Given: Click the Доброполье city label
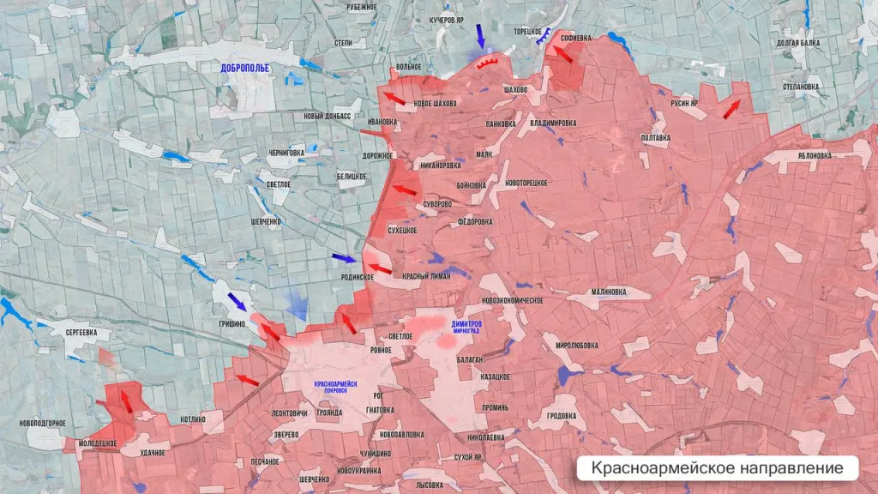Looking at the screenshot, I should [x=245, y=67].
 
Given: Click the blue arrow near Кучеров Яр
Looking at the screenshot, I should [x=480, y=36].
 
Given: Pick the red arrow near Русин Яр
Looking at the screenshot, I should [x=731, y=109].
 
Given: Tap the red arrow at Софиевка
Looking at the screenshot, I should [x=562, y=54].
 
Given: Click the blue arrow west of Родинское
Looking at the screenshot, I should [x=344, y=257].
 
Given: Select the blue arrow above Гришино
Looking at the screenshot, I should [x=237, y=301].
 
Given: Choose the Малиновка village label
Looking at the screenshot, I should [x=609, y=292].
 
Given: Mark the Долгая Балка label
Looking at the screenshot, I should [x=797, y=42].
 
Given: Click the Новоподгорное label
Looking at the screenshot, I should [x=43, y=423].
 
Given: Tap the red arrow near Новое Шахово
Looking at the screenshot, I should [x=394, y=98].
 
